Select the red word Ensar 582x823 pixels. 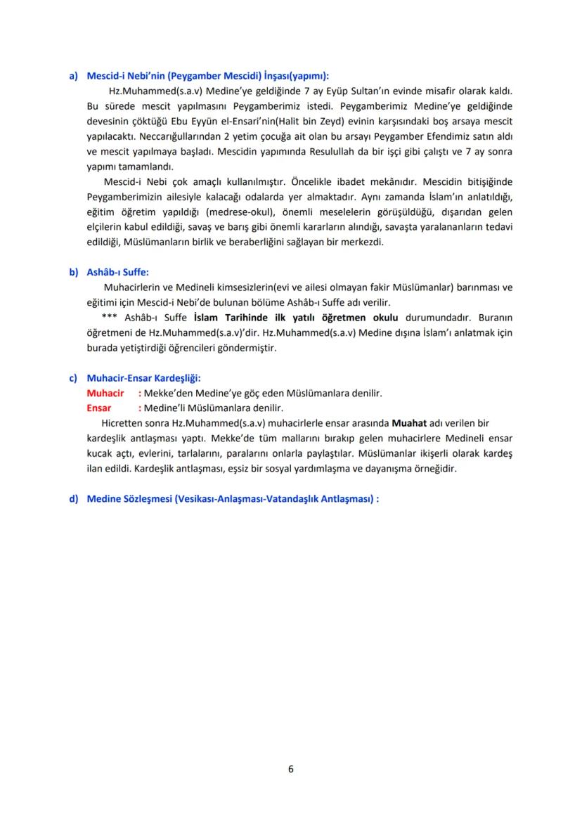99,408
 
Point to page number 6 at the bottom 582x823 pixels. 291,768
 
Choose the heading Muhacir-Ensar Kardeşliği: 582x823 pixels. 144,378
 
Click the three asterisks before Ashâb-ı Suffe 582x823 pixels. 109,318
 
